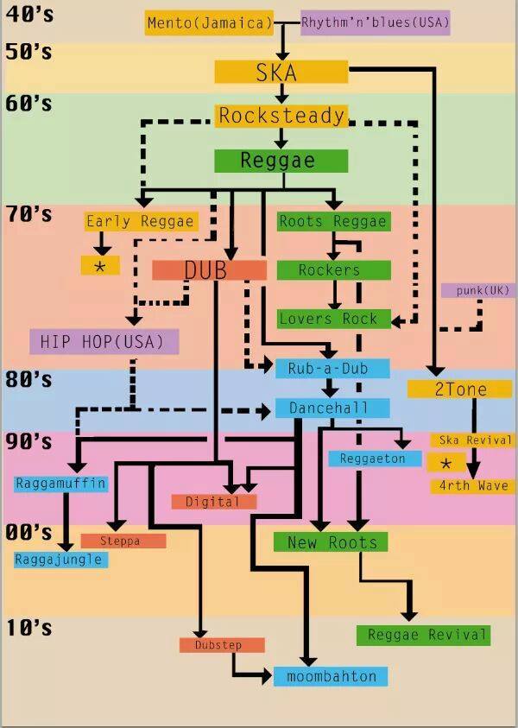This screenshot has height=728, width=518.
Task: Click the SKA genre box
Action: tap(281, 73)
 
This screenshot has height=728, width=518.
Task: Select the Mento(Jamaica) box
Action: tap(209, 23)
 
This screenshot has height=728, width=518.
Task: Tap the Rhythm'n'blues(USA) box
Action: tap(376, 23)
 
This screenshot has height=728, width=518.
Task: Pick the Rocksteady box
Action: tap(281, 116)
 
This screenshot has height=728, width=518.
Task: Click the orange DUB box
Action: tap(208, 270)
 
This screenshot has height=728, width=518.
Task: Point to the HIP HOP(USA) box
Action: tap(104, 341)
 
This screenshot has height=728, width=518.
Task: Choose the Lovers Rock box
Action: tap(333, 319)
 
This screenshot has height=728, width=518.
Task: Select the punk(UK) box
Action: tap(477, 291)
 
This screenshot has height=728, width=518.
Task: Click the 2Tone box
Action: tap(460, 389)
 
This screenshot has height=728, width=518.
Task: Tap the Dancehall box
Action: tap(332, 408)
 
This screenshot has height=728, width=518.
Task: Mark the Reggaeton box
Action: tap(373, 459)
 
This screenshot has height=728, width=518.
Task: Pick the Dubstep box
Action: tap(222, 645)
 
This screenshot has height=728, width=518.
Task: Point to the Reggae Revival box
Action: tap(422, 636)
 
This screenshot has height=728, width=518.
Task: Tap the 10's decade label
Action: tap(28, 628)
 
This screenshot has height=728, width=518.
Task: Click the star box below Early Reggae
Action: tap(100, 266)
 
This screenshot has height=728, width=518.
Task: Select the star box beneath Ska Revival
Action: tap(445, 463)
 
